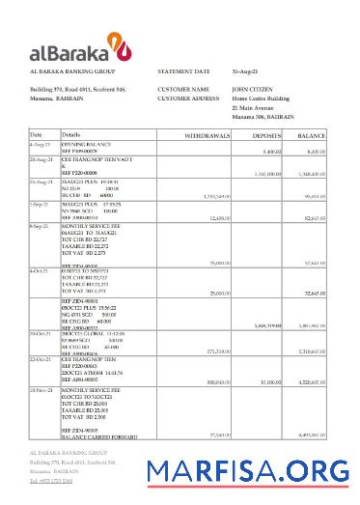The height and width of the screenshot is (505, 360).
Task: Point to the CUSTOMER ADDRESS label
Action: pyautogui.click(x=188, y=98)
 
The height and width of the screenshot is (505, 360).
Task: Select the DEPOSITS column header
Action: pyautogui.click(x=266, y=135)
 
